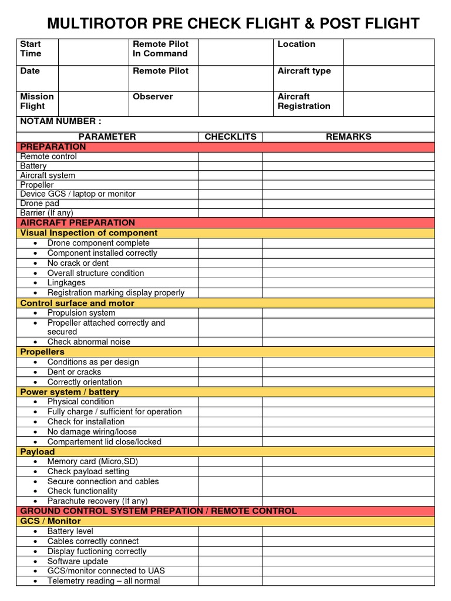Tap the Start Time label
pyautogui.click(x=31, y=49)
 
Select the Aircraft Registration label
pyautogui.click(x=304, y=102)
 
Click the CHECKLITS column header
pyautogui.click(x=230, y=137)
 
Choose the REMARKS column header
pyautogui.click(x=348, y=137)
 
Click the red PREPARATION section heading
pyautogui.click(x=53, y=147)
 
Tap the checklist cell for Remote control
pyautogui.click(x=230, y=157)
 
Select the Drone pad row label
pyautogui.click(x=39, y=204)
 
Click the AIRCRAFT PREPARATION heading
pyautogui.click(x=78, y=223)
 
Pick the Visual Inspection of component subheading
pyautogui.click(x=89, y=233)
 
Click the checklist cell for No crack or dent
pyautogui.click(x=230, y=263)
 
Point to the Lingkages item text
pyautogui.click(x=66, y=283)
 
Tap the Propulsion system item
pyautogui.click(x=81, y=313)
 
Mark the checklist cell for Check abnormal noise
pyautogui.click(x=230, y=342)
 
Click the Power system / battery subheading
pyautogui.click(x=69, y=391)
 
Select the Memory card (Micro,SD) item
pyautogui.click(x=92, y=461)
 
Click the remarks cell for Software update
pyautogui.click(x=348, y=561)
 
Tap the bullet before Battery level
pyautogui.click(x=36, y=531)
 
